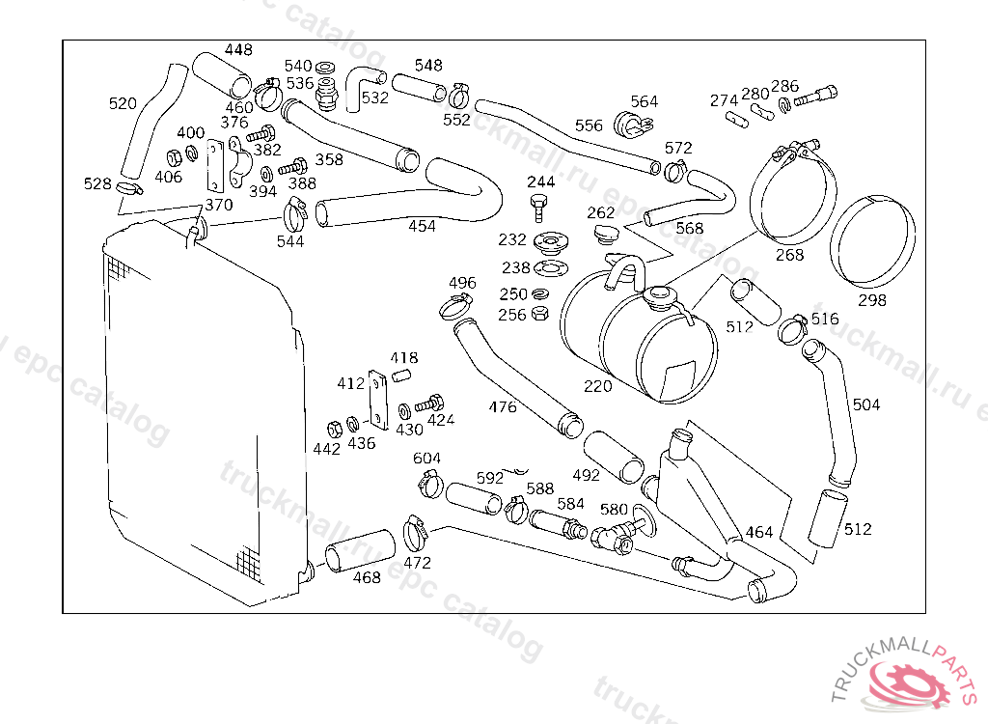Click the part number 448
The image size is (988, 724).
point(238,49)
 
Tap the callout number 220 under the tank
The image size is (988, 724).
point(597,385)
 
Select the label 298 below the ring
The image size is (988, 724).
point(872,300)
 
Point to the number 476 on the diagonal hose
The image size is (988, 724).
point(503,407)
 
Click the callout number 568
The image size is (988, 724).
point(689,228)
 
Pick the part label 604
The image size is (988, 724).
point(426,458)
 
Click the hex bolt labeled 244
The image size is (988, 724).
point(538,209)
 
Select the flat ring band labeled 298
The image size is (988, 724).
point(872,240)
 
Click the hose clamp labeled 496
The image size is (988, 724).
point(455,308)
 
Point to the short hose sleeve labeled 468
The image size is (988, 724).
point(360,550)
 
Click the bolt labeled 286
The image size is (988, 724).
point(816,96)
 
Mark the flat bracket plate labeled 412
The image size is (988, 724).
point(378,400)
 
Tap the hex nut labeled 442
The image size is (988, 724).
point(335,429)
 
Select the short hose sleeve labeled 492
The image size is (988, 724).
point(613,458)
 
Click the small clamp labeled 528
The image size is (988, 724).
point(129,188)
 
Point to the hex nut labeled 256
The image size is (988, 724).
point(540,314)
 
